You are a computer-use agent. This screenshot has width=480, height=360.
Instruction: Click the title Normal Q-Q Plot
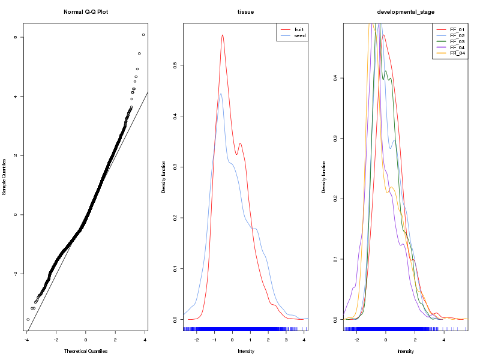pos(85,11)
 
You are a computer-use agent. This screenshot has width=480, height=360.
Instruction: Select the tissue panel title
pos(245,11)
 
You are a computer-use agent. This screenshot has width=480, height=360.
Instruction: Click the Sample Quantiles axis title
pos(5,176)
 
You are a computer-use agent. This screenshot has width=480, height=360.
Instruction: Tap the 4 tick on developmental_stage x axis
pos(443,339)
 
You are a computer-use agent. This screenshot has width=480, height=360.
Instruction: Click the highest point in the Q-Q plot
pos(143,35)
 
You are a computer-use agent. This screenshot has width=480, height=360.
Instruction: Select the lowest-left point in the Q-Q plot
pos(28,320)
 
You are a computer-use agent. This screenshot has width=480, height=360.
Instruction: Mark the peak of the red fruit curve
pos(222,35)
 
